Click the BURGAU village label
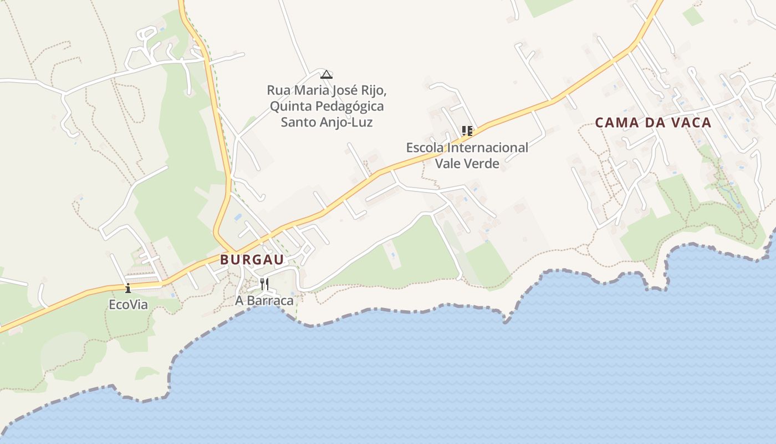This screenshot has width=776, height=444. click(x=252, y=260)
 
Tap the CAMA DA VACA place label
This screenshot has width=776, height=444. click(x=653, y=123)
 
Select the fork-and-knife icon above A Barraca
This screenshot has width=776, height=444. click(x=264, y=284)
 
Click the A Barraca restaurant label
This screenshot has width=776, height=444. click(x=264, y=301)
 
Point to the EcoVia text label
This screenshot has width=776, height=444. click(x=128, y=305)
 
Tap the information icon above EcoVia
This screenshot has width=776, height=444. click(x=128, y=288)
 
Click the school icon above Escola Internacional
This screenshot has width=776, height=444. click(x=467, y=131)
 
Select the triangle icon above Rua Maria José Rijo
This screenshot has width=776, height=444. click(x=326, y=74)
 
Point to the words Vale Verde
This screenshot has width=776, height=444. click(x=467, y=164)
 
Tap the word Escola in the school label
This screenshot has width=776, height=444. click(x=425, y=148)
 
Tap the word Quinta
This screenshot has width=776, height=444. click(x=289, y=106)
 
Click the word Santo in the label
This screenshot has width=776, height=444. click(x=298, y=122)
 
